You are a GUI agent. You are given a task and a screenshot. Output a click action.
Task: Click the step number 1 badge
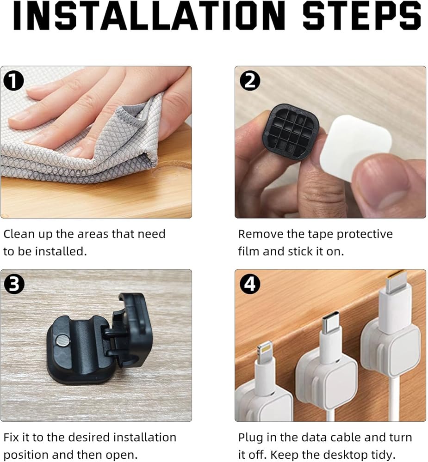tap(13, 81)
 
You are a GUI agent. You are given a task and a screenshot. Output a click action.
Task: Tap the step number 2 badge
tap(250, 81)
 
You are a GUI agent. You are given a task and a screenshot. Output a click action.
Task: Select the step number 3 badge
tap(14, 284)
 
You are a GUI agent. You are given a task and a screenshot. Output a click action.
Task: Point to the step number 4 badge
tap(250, 284)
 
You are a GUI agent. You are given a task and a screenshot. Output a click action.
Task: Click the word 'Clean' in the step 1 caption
tap(19, 234)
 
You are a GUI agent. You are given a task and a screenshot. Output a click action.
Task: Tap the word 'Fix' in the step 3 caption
tap(11, 437)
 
